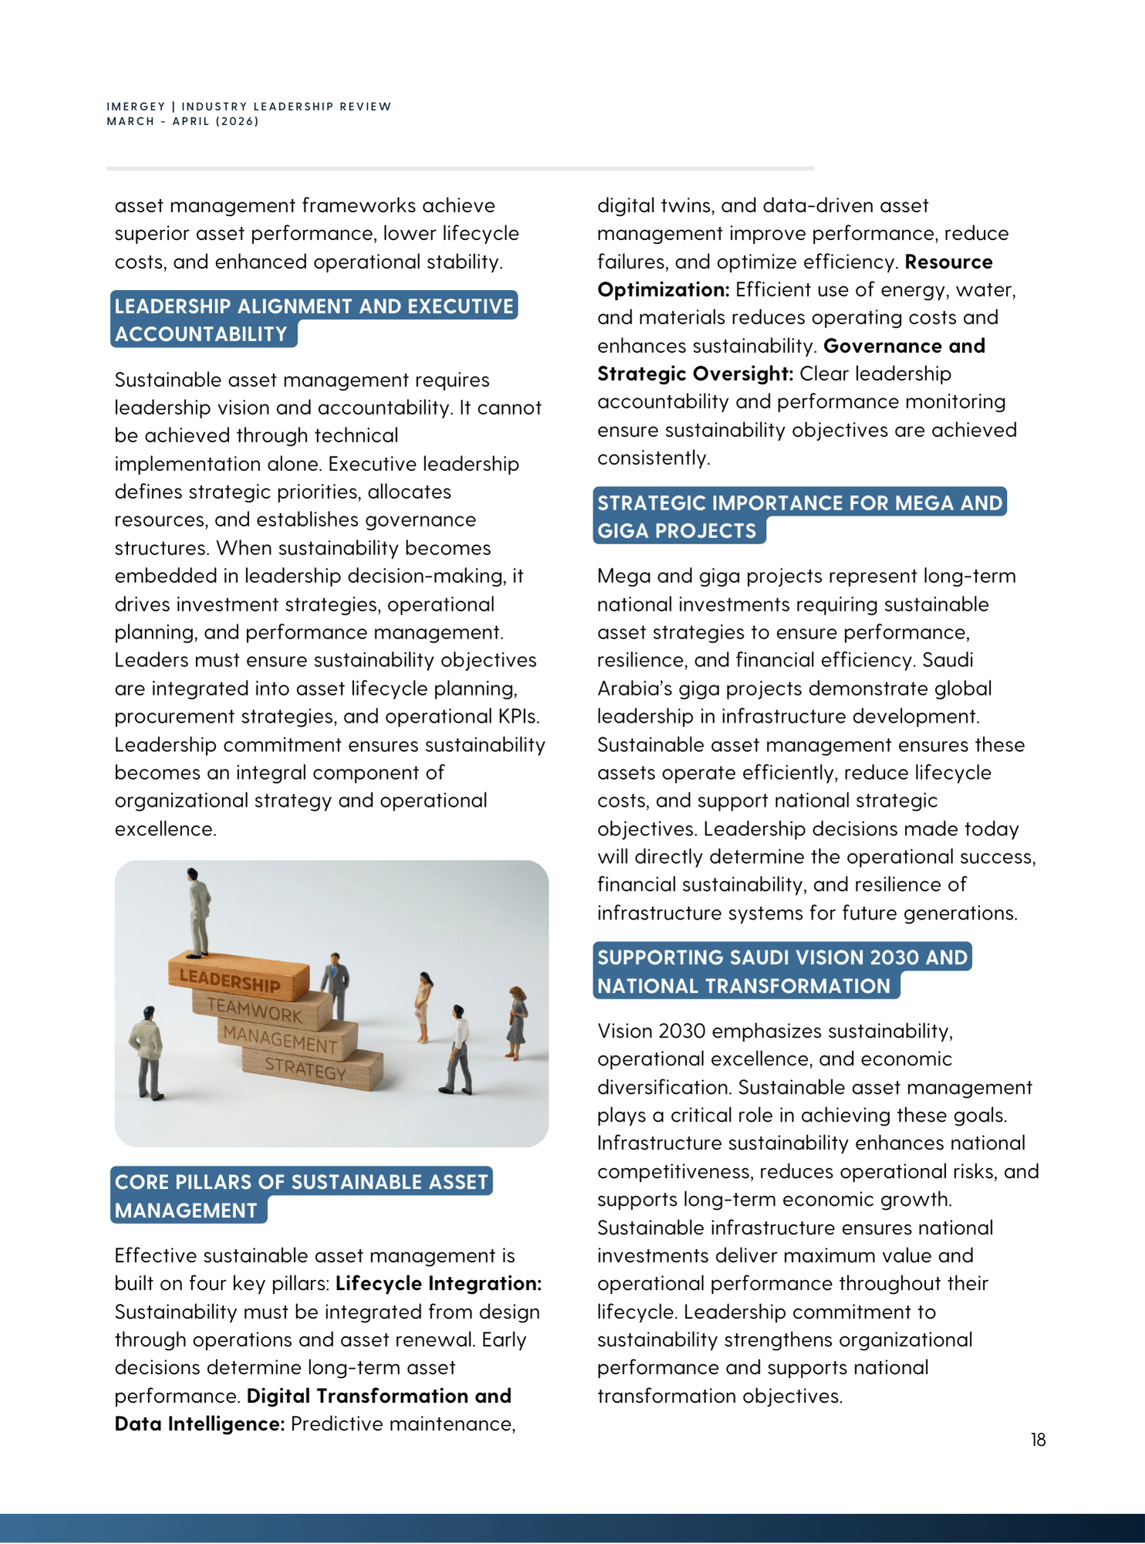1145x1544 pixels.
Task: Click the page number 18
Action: coord(1038,1440)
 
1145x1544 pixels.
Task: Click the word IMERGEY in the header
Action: coord(136,107)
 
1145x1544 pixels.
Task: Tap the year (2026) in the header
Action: coord(238,121)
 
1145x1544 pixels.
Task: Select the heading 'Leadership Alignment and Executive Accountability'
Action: coord(313,320)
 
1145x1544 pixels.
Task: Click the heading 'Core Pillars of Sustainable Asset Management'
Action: coord(301,1195)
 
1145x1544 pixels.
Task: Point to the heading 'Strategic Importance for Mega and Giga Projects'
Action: coord(799,516)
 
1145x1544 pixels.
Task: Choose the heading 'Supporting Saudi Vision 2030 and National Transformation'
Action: coord(782,971)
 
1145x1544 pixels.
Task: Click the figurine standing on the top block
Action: coord(198,912)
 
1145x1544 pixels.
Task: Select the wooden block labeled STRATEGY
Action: coord(309,1070)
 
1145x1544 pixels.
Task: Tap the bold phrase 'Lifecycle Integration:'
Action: coord(438,1283)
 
